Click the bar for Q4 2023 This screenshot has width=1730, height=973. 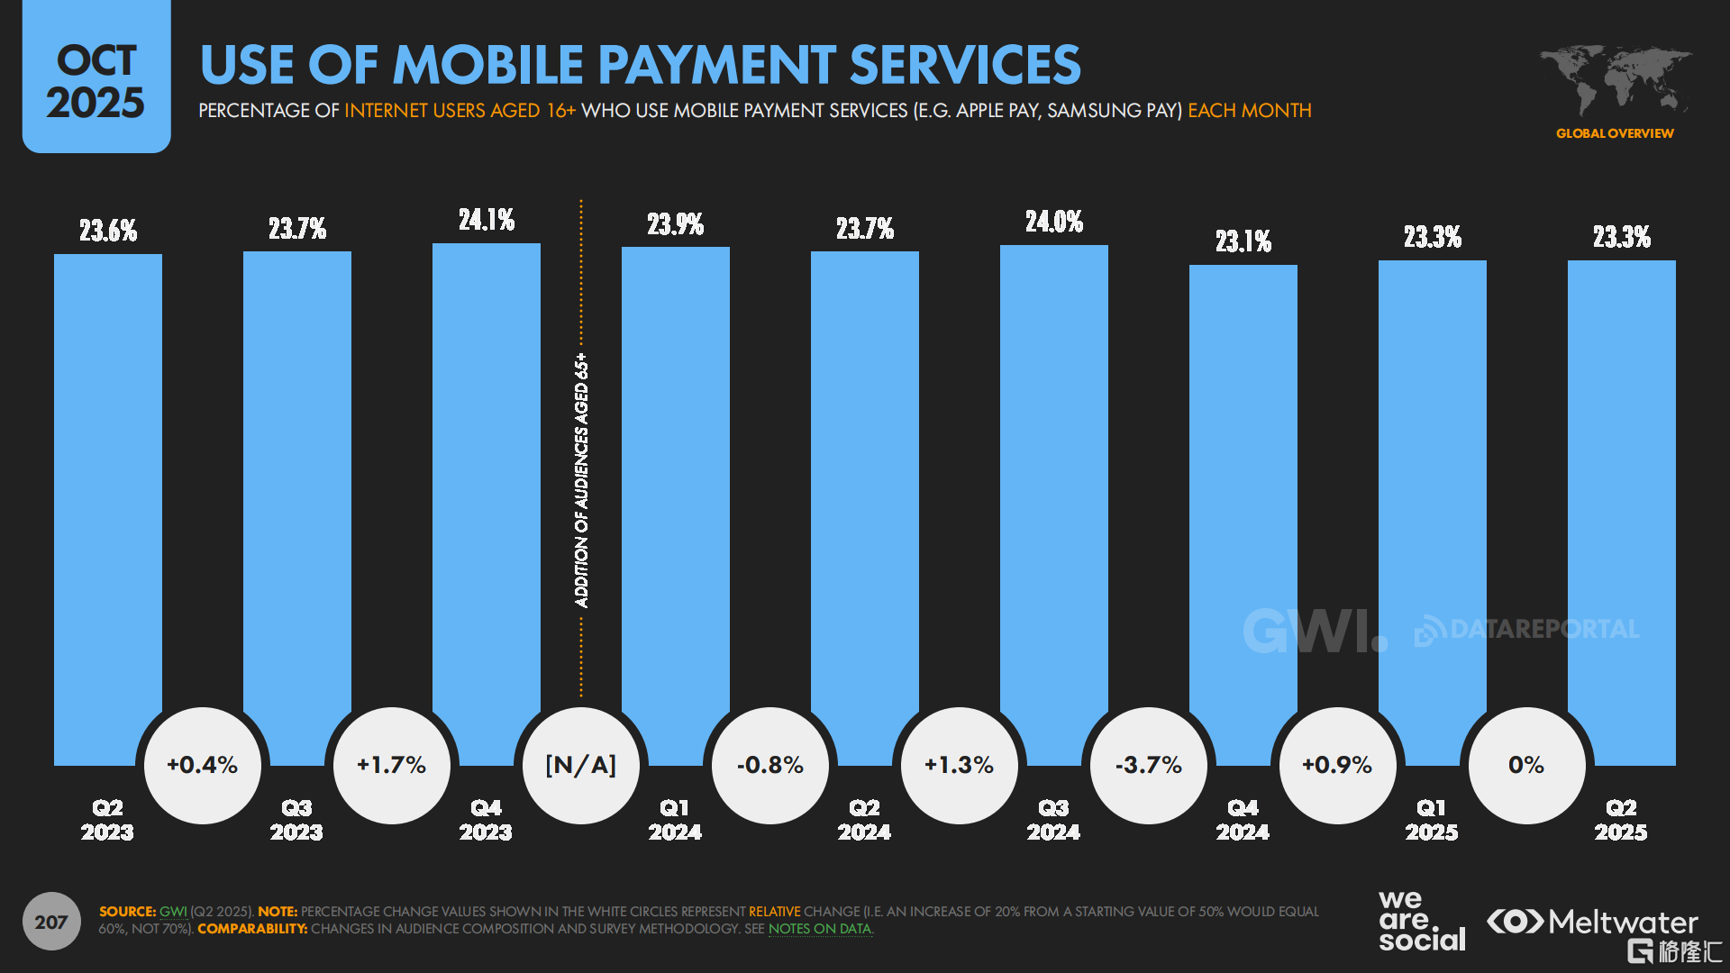coord(487,468)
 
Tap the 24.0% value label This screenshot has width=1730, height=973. coord(1054,222)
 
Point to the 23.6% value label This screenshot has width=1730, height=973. coord(108,231)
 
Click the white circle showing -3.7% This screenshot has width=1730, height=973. coord(1148,765)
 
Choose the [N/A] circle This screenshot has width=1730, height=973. coord(581,765)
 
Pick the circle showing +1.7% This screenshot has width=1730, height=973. coord(391,765)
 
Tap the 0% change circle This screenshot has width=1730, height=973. coord(1526,765)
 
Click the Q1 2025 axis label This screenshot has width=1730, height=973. coord(1432,820)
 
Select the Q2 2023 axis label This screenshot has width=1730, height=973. coord(107,820)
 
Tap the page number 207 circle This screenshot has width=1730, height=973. coord(51,922)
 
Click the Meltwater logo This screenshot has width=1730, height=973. coord(1592,922)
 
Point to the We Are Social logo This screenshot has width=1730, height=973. coord(1421,921)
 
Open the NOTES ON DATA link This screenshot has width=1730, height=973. coord(820,929)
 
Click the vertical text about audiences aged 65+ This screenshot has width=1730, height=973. coord(582,480)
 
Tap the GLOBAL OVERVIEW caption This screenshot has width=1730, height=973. coord(1615,133)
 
